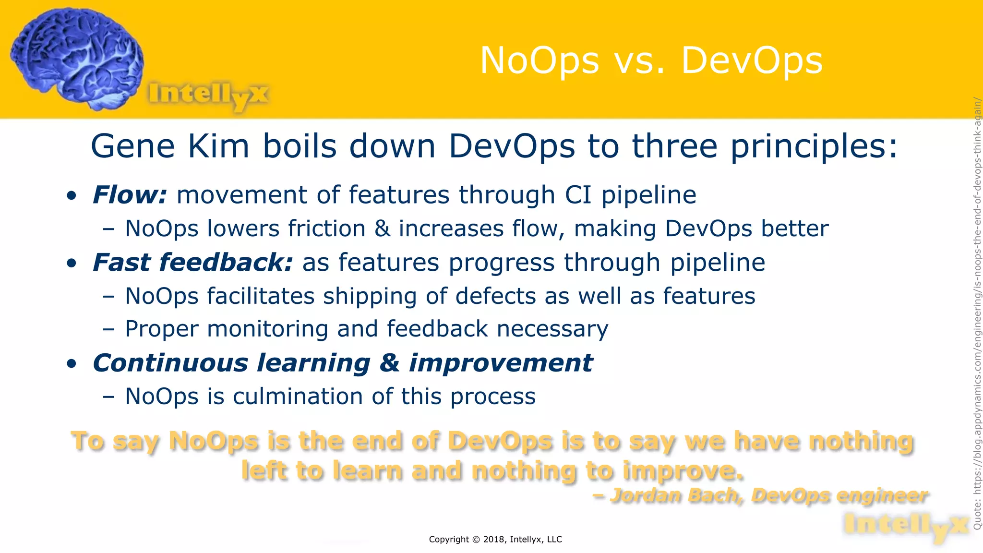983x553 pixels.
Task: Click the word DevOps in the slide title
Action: click(752, 61)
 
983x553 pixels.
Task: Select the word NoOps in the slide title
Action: click(539, 61)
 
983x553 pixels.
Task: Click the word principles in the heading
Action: click(813, 147)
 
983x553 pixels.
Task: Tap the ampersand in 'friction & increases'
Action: click(382, 228)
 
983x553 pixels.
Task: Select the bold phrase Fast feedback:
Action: click(192, 263)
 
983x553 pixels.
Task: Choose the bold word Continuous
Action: click(170, 363)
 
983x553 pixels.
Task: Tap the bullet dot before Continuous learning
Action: click(72, 364)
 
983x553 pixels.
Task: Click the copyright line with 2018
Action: click(495, 539)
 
